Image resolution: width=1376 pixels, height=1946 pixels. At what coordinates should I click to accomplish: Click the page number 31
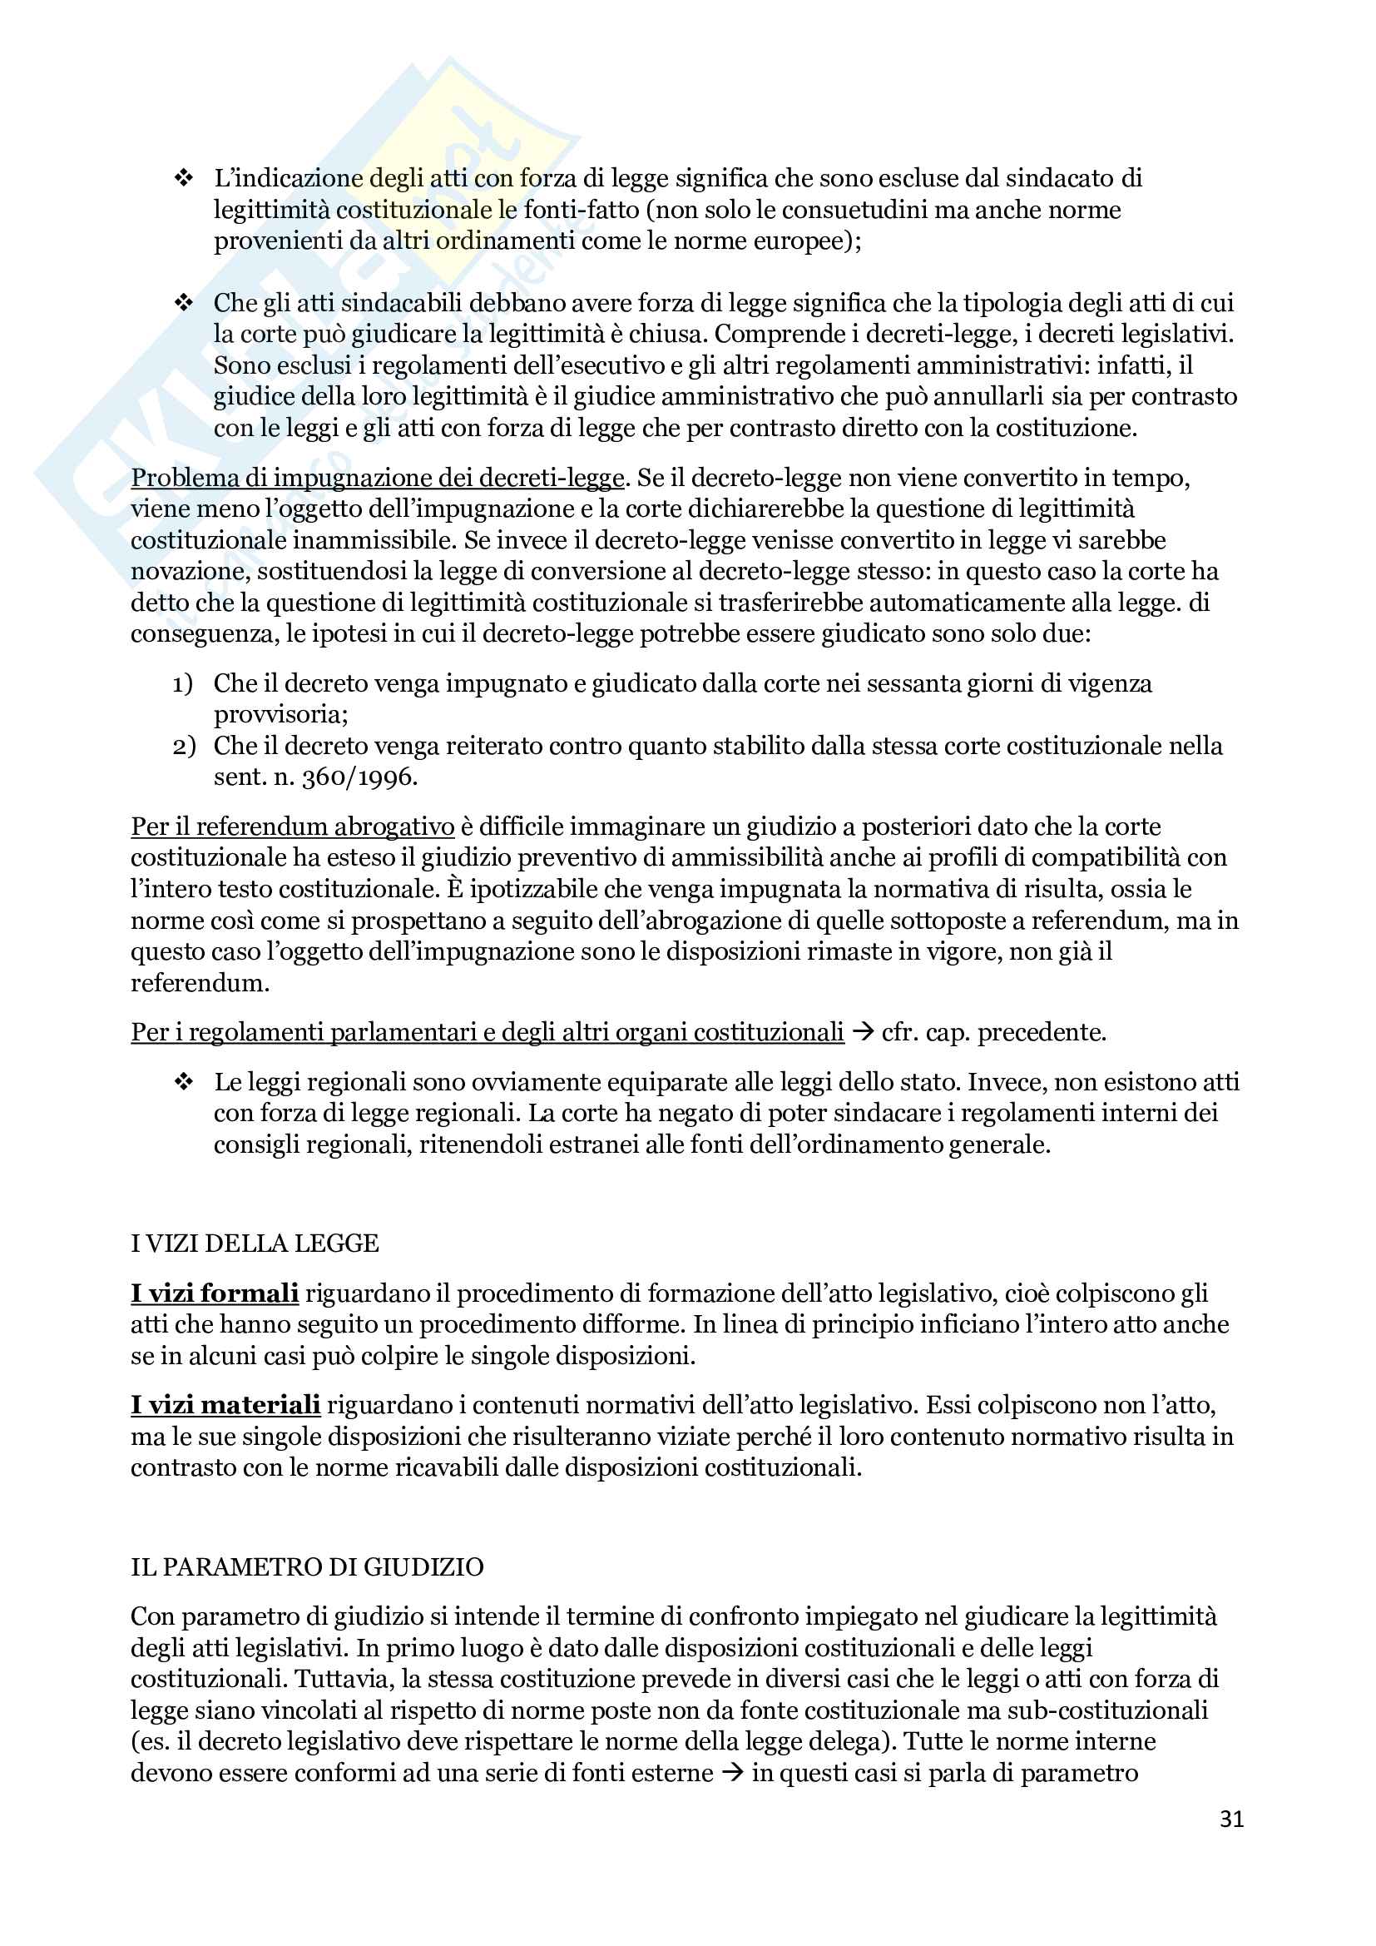(x=1231, y=1819)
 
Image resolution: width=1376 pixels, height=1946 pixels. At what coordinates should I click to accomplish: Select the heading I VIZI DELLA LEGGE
(x=255, y=1244)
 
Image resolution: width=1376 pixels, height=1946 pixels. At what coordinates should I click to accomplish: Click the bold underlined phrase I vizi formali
(x=215, y=1293)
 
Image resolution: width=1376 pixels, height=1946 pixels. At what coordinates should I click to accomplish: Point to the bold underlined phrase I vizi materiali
(x=225, y=1404)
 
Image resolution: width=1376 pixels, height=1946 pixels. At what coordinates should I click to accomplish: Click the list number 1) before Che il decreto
(x=183, y=683)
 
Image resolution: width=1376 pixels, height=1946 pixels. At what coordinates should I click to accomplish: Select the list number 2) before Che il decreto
(x=183, y=746)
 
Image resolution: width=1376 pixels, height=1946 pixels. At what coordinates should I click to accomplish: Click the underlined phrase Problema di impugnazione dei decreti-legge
(x=377, y=478)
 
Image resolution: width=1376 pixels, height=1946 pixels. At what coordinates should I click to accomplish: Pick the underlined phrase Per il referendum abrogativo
(x=292, y=827)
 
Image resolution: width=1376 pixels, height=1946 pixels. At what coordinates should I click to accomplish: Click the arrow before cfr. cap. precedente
(x=863, y=1032)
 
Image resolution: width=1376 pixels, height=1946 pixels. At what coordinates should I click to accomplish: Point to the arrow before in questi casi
(x=732, y=1773)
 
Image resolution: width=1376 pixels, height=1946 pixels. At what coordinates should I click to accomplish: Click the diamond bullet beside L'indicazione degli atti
(x=183, y=178)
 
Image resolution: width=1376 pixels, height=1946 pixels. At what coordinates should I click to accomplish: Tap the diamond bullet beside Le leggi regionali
(x=183, y=1082)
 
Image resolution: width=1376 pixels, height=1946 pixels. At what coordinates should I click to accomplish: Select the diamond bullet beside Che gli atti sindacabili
(x=183, y=303)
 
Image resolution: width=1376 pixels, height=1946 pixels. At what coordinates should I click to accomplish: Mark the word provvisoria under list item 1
(x=280, y=714)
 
